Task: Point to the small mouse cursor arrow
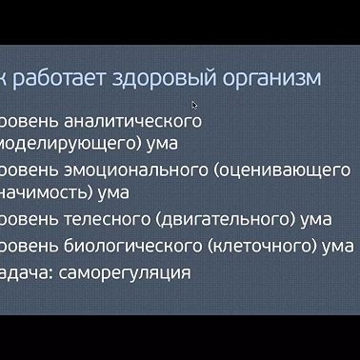pyautogui.click(x=194, y=105)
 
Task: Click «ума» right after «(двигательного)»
pyautogui.click(x=315, y=221)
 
